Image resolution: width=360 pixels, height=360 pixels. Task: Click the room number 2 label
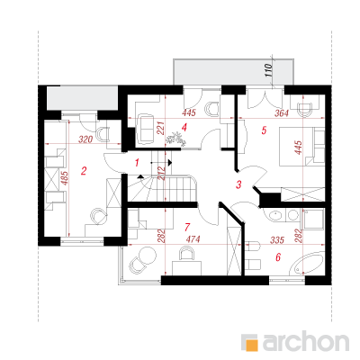(x=84, y=171)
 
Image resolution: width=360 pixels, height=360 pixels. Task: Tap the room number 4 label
(x=184, y=128)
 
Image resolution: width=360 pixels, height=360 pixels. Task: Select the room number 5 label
(x=264, y=130)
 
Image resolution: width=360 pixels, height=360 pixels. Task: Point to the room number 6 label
(x=278, y=257)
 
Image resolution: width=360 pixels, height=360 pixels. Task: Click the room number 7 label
(x=187, y=228)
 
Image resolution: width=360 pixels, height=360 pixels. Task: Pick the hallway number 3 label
(x=238, y=184)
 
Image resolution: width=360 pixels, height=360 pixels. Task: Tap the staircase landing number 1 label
(x=137, y=163)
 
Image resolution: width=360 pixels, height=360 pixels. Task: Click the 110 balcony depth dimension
(x=269, y=71)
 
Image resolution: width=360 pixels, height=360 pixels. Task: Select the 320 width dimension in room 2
(x=85, y=139)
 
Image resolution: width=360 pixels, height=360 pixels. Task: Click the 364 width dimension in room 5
(x=282, y=113)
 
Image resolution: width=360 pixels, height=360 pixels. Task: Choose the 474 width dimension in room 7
(x=193, y=239)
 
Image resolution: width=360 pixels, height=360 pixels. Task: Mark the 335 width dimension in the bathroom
(x=277, y=239)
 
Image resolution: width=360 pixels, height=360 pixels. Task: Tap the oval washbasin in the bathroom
(x=274, y=216)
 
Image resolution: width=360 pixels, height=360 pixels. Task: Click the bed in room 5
(x=302, y=147)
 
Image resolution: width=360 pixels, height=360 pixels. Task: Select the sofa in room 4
(x=146, y=129)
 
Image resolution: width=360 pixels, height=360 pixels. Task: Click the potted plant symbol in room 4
(x=175, y=139)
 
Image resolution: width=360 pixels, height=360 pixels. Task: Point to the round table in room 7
(x=148, y=255)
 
